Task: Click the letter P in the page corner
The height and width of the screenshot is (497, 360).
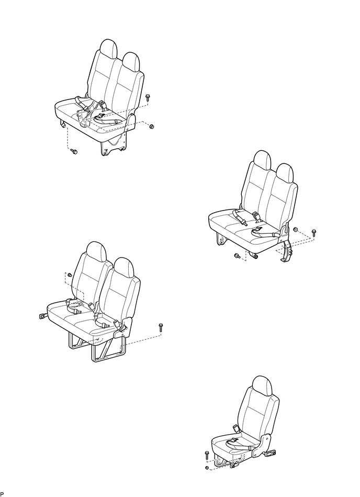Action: pyautogui.click(x=2, y=494)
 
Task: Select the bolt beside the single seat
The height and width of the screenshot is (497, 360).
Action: pyautogui.click(x=207, y=455)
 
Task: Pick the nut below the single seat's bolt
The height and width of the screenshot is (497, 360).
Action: pyautogui.click(x=207, y=467)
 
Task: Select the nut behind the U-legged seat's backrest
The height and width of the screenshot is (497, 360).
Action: pyautogui.click(x=69, y=275)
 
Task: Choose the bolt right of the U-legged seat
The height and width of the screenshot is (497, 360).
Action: pyautogui.click(x=161, y=328)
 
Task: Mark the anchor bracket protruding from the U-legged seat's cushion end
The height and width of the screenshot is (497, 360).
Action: pyautogui.click(x=41, y=315)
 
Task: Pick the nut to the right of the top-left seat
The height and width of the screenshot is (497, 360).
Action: pyautogui.click(x=151, y=126)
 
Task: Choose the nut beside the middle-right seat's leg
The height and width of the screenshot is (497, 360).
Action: pyautogui.click(x=296, y=230)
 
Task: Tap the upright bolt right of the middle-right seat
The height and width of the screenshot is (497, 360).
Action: pyautogui.click(x=313, y=232)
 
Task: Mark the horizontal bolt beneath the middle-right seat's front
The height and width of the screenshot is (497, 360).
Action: pyautogui.click(x=237, y=256)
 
